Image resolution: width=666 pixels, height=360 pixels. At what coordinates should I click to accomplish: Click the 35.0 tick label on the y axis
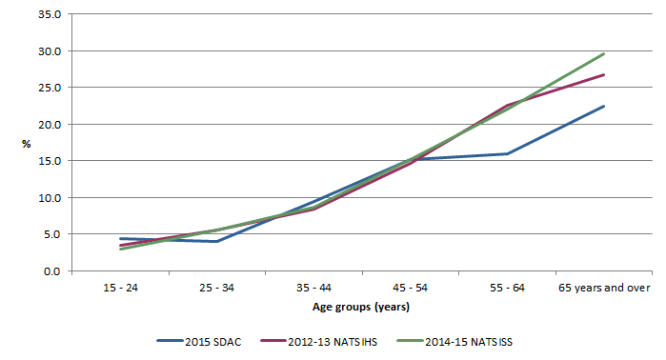[x=50, y=14]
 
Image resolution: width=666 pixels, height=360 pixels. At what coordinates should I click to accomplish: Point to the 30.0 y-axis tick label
[x=50, y=51]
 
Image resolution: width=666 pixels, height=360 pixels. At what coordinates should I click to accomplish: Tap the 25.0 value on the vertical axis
[x=50, y=88]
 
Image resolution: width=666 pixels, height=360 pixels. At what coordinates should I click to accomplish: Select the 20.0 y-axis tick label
[x=50, y=125]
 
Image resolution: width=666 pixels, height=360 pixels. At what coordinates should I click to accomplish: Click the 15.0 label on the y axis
[x=50, y=161]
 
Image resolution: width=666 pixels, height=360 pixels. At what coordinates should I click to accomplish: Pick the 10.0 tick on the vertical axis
[x=50, y=198]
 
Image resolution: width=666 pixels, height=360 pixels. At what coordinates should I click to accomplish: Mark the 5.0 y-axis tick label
[x=52, y=234]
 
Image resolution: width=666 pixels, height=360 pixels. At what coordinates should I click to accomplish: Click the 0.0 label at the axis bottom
[x=52, y=271]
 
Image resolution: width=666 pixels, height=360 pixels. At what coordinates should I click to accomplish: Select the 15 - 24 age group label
[x=121, y=287]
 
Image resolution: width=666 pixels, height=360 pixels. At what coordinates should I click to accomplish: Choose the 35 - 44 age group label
[x=314, y=287]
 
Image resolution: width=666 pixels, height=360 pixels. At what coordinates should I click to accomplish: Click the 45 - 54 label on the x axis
[x=411, y=287]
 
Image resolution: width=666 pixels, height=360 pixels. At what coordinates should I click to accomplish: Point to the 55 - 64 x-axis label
[x=507, y=287]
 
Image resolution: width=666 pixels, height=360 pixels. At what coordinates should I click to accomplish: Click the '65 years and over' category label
[x=604, y=287]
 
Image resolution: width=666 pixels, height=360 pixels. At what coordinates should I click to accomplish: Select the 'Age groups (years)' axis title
[x=362, y=307]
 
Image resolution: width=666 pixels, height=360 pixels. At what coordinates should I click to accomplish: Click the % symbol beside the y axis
[x=28, y=144]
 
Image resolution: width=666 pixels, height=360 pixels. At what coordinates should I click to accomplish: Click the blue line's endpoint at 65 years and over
[x=604, y=107]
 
